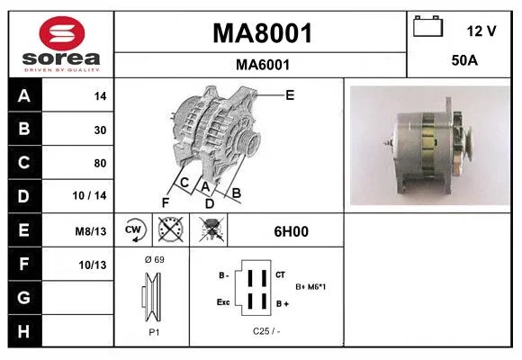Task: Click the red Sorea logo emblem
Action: click(x=62, y=33)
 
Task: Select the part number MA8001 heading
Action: click(x=262, y=33)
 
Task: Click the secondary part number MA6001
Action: click(x=263, y=65)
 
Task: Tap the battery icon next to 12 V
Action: click(x=427, y=26)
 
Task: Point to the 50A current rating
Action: click(x=464, y=60)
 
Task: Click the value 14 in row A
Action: click(x=100, y=96)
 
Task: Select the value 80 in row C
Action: click(x=100, y=163)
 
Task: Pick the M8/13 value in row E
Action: click(x=91, y=231)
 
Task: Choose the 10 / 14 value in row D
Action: click(x=89, y=195)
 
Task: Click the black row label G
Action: click(x=24, y=297)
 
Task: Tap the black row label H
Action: click(x=24, y=331)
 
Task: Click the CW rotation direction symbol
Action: click(x=133, y=229)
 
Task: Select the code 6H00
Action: click(x=291, y=231)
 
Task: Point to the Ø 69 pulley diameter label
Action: click(x=155, y=259)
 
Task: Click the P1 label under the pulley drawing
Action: click(x=154, y=332)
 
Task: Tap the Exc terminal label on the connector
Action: click(x=223, y=302)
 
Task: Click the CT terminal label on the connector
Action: click(x=280, y=274)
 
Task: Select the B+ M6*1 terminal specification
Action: click(x=310, y=287)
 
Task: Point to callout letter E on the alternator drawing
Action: click(x=290, y=95)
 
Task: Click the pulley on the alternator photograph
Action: click(x=466, y=144)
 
